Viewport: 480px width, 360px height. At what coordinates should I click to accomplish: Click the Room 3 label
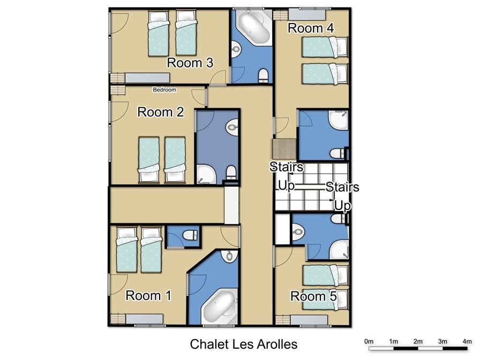pyautogui.click(x=190, y=63)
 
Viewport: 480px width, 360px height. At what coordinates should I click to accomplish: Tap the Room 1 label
pyautogui.click(x=148, y=296)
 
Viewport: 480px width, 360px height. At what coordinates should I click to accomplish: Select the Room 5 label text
pyautogui.click(x=313, y=296)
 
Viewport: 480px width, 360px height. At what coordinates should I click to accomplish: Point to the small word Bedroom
pyautogui.click(x=164, y=89)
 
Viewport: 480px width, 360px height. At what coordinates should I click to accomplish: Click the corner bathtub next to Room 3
pyautogui.click(x=254, y=27)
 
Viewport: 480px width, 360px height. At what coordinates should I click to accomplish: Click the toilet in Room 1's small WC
pyautogui.click(x=190, y=235)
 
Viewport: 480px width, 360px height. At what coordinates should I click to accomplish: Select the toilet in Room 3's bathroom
pyautogui.click(x=263, y=76)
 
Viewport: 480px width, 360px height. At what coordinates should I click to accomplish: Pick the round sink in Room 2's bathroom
pyautogui.click(x=232, y=127)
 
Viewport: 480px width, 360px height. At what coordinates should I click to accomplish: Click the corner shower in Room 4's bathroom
pyautogui.click(x=338, y=121)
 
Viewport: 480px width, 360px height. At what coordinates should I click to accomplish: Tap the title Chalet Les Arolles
pyautogui.click(x=244, y=344)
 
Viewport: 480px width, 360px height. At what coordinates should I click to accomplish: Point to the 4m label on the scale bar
pyautogui.click(x=467, y=341)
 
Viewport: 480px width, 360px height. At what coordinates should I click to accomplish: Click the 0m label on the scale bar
pyautogui.click(x=369, y=341)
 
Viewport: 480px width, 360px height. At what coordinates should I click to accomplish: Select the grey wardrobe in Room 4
pyautogui.click(x=306, y=14)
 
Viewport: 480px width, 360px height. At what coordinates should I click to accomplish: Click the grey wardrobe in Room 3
pyautogui.click(x=147, y=78)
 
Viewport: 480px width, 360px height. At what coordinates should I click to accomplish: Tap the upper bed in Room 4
pyautogui.click(x=325, y=47)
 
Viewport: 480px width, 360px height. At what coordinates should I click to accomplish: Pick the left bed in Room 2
pyautogui.click(x=149, y=160)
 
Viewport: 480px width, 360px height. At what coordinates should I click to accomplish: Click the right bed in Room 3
pyautogui.click(x=186, y=33)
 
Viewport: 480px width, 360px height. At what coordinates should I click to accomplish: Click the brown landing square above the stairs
pyautogui.click(x=284, y=149)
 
